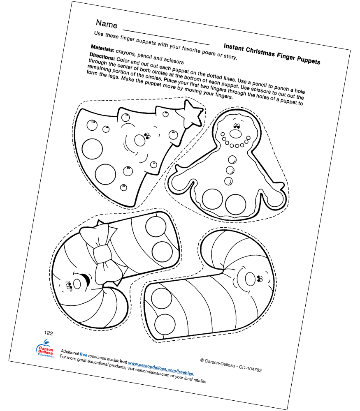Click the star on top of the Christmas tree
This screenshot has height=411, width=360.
click(x=192, y=113)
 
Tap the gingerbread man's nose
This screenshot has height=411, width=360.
click(x=235, y=134)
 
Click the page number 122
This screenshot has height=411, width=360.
click(x=49, y=333)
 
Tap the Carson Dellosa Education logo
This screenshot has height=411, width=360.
click(x=45, y=349)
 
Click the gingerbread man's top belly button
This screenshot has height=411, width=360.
click(x=232, y=159)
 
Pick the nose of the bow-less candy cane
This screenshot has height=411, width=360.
click(x=250, y=279)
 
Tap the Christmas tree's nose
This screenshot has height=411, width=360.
click(x=140, y=140)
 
